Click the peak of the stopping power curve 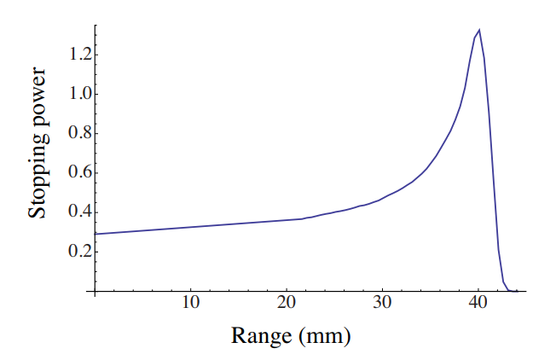pos(479,31)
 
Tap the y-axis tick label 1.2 pos(74,55)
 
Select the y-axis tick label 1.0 pos(74,94)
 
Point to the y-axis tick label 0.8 pos(74,133)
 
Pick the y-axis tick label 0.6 pos(74,172)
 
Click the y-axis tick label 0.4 pos(74,212)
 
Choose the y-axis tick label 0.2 pos(74,252)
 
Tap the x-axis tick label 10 pos(190,304)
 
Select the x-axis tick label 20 pos(287,304)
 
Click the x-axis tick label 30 pos(383,304)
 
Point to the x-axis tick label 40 pos(478,304)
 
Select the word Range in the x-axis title pos(259,335)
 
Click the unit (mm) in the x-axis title pos(323,335)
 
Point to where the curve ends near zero pos(516,291)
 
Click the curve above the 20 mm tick pos(287,220)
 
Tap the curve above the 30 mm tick pos(383,198)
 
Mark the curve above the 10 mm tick pos(190,227)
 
